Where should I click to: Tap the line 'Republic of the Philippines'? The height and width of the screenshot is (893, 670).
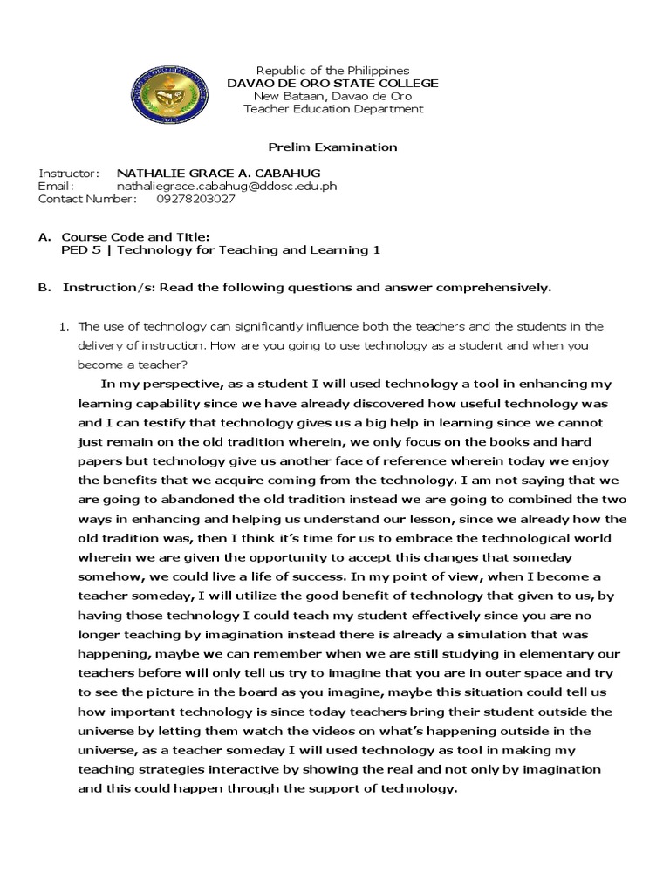point(332,70)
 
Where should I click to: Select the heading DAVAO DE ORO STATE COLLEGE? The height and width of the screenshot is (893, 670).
point(332,83)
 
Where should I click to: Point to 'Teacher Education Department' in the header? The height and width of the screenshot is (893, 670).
point(332,109)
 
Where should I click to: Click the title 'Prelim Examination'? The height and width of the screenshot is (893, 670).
point(332,147)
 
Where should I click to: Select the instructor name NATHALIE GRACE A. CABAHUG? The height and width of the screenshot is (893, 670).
point(206,173)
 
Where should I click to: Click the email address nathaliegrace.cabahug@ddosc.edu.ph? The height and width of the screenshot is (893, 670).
point(227,186)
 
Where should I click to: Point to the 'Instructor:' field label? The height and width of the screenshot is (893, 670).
point(69,173)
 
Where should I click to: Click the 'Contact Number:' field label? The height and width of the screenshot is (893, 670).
point(87,199)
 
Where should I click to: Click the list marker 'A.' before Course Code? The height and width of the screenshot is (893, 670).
point(44,237)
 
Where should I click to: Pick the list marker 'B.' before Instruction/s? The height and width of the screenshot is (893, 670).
point(44,287)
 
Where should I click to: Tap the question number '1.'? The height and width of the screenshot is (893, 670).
point(63,326)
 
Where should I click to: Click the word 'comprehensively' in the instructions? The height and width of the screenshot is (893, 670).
point(497,287)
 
